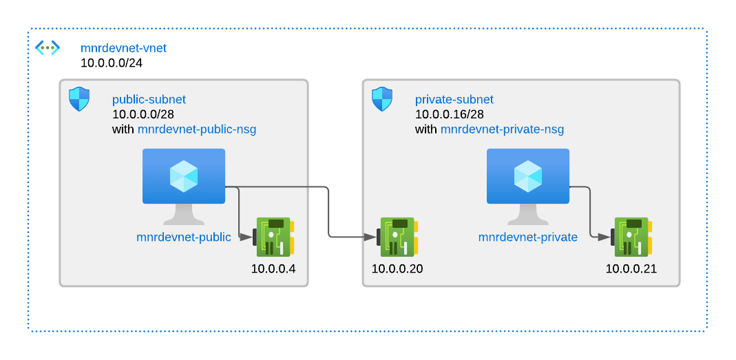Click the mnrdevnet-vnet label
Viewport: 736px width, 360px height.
pyautogui.click(x=123, y=48)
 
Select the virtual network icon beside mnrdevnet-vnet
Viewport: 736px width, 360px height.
pyautogui.click(x=48, y=47)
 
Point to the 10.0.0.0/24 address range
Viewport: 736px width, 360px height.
pyautogui.click(x=112, y=63)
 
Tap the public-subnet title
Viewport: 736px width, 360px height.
pyautogui.click(x=149, y=100)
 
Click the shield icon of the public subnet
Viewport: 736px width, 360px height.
pyautogui.click(x=79, y=98)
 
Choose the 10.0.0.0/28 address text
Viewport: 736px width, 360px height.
pyautogui.click(x=143, y=114)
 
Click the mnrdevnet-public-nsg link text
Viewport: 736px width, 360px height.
pyautogui.click(x=197, y=129)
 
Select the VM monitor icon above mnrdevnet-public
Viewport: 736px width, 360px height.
pyautogui.click(x=184, y=187)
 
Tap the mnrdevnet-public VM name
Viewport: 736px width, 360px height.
pyautogui.click(x=184, y=237)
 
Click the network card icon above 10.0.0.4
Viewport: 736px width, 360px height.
pyautogui.click(x=273, y=237)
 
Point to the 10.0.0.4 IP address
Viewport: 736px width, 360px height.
pyautogui.click(x=273, y=268)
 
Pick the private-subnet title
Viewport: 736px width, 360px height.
pyautogui.click(x=454, y=100)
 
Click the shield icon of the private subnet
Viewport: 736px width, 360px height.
pyautogui.click(x=381, y=98)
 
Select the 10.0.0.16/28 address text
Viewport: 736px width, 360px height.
pyautogui.click(x=449, y=114)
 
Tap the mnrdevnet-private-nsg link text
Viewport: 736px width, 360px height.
pyautogui.click(x=502, y=129)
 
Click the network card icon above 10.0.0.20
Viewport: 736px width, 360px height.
pyautogui.click(x=397, y=237)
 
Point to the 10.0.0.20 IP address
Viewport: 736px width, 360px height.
pyautogui.click(x=397, y=268)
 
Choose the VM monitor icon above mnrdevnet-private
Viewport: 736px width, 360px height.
pyautogui.click(x=527, y=187)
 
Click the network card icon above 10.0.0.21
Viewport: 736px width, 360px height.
pyautogui.click(x=631, y=237)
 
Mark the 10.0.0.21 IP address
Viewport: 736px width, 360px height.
pyautogui.click(x=631, y=268)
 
